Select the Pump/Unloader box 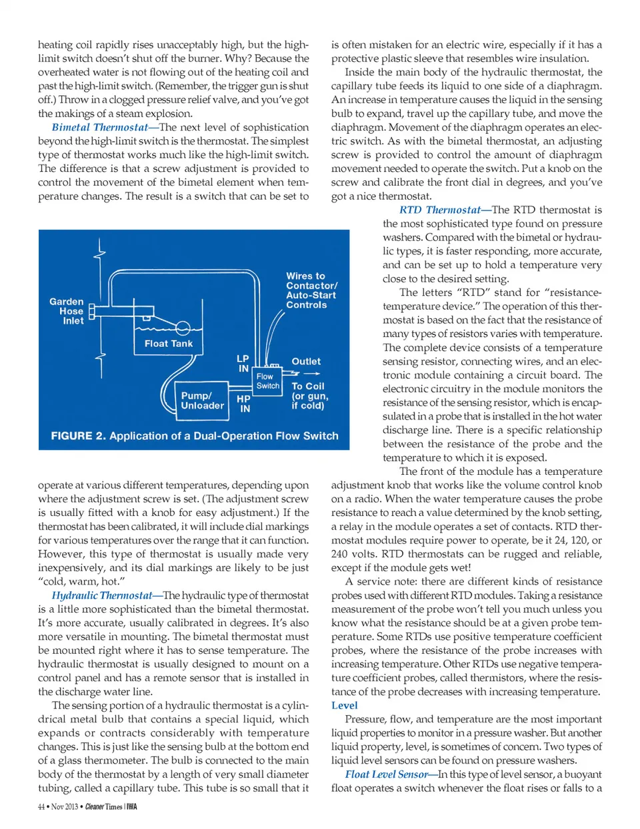pos(203,400)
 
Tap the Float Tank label pos(169,344)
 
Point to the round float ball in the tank pos(183,328)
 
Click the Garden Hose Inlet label pos(67,311)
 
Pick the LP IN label pos(243,363)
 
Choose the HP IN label pos(244,404)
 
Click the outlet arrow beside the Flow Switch pos(311,374)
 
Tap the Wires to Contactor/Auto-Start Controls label pos(311,290)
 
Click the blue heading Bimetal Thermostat pos(100,127)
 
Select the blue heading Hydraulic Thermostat pos(102,595)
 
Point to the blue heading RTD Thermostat pos(440,210)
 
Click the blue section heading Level pos(344,705)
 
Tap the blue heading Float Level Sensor pos(387,774)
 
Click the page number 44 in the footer pos(41,807)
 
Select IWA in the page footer pos(132,807)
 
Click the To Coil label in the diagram pos(308,386)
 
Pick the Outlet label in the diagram pos(306,362)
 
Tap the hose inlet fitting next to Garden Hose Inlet pos(93,311)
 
